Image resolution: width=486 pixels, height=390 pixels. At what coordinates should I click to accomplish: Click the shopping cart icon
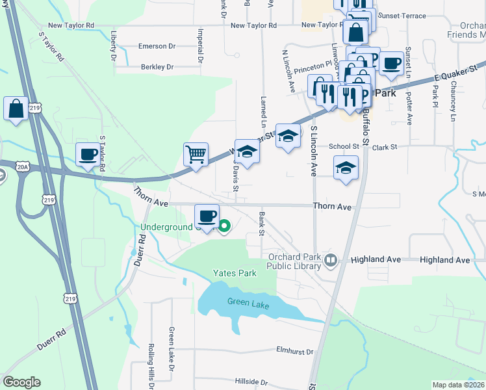pyautogui.click(x=196, y=155)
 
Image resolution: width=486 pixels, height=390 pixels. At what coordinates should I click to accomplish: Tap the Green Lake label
pyautogui.click(x=248, y=302)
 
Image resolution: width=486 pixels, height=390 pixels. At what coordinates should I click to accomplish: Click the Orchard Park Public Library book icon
pyautogui.click(x=331, y=261)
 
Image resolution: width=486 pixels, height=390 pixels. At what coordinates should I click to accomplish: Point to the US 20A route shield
pyautogui.click(x=23, y=168)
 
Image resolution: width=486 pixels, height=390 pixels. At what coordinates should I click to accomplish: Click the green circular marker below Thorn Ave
pyautogui.click(x=224, y=226)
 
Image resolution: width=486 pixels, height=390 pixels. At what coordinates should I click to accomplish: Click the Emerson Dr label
pyautogui.click(x=157, y=46)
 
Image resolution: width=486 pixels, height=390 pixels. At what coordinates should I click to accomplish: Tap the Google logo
pyautogui.click(x=21, y=382)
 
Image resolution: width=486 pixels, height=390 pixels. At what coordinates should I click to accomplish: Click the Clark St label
pyautogui.click(x=385, y=148)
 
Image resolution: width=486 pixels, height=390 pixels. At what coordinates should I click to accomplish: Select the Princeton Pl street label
pyautogui.click(x=313, y=69)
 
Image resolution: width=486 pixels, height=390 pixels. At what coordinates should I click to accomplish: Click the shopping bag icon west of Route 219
pyautogui.click(x=16, y=109)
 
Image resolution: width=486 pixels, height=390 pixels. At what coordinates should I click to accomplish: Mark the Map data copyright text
pyautogui.click(x=458, y=385)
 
